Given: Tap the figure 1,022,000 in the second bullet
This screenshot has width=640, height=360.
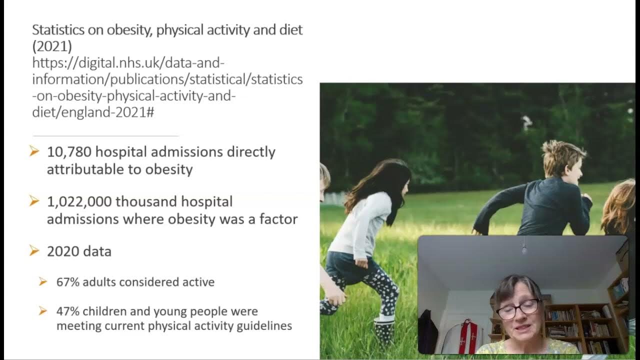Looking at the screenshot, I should (79, 202).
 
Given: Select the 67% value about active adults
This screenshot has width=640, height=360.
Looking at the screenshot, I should (67, 282).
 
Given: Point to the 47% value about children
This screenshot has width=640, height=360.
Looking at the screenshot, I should (67, 311).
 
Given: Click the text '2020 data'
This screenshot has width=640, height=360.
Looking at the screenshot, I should (79, 251).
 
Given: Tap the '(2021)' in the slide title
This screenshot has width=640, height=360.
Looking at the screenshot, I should (52, 46).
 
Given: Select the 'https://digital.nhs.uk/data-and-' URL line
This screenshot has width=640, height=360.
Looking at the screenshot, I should (128, 63).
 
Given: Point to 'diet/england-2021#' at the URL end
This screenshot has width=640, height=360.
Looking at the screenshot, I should (93, 112).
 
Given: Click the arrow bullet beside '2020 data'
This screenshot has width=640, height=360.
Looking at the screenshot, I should (34, 250).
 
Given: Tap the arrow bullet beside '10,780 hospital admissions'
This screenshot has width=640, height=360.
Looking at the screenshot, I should (34, 151).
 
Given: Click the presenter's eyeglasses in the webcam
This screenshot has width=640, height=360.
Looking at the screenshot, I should (518, 309).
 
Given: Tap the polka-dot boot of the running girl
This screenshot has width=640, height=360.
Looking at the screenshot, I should (383, 332).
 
